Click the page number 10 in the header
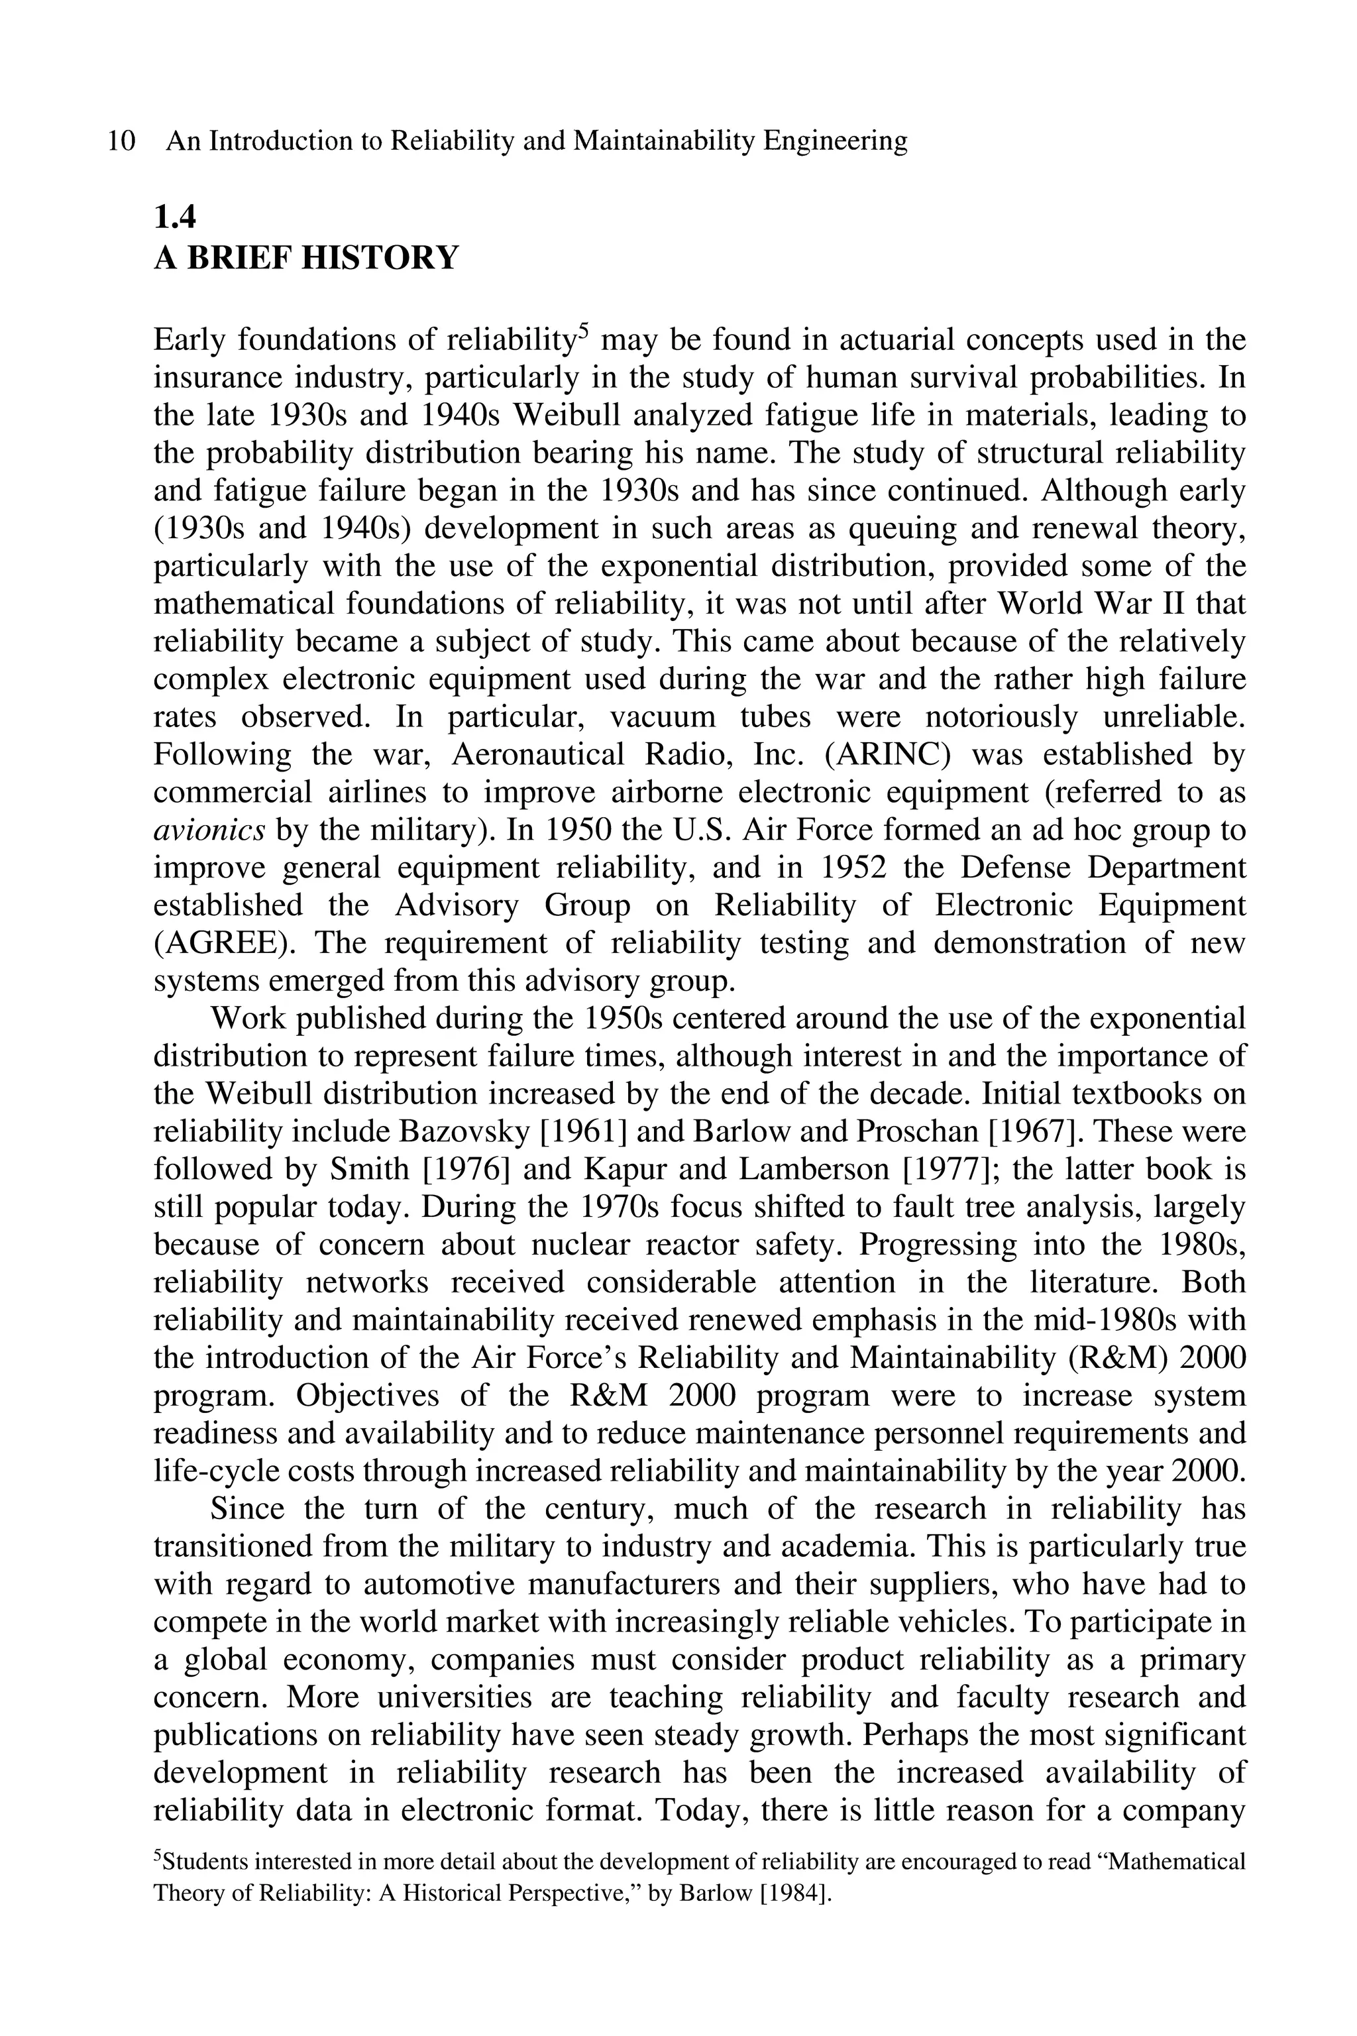122,141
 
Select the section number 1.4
175,217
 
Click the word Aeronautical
537,755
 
